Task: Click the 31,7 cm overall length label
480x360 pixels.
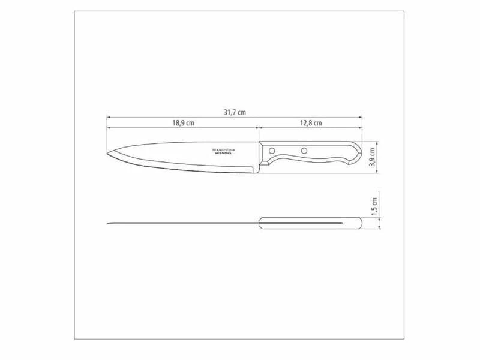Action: [234, 112]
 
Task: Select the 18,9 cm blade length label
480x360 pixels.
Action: [183, 123]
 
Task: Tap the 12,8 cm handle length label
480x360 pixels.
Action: [311, 123]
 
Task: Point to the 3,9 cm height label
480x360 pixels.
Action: [373, 158]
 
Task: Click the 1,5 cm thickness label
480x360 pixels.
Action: [373, 207]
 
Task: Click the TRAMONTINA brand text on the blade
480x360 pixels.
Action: [223, 149]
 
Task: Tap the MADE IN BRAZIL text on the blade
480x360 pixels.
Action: [223, 154]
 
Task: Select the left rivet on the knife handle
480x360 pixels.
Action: [272, 150]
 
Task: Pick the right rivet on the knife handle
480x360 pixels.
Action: [304, 150]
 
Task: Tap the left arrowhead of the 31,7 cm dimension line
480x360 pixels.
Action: [109, 117]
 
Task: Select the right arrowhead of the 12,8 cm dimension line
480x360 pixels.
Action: [361, 128]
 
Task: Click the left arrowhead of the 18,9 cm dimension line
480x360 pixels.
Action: [109, 128]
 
